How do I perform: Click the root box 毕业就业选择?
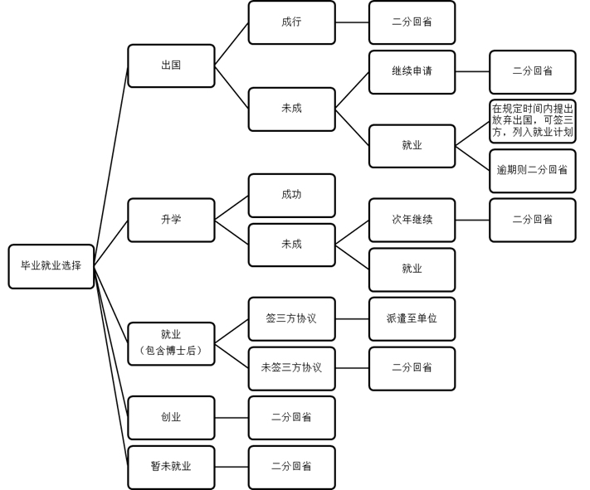tap(51, 266)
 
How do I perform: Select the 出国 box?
tap(171, 65)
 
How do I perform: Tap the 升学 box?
tap(171, 220)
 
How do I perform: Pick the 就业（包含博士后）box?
tap(171, 343)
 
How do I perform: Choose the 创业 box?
tap(171, 418)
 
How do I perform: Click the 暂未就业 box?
tap(171, 467)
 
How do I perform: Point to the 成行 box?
tap(291, 22)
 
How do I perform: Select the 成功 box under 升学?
tap(291, 195)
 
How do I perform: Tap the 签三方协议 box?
tap(291, 318)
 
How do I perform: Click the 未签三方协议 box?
tap(291, 368)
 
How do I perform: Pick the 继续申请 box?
tap(412, 71)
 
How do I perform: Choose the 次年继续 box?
tap(412, 220)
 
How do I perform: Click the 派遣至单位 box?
tap(412, 318)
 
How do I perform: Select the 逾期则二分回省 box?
tap(532, 170)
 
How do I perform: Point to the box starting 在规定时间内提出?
tap(532, 121)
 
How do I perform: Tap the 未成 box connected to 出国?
tap(291, 109)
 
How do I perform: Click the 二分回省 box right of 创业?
tap(291, 418)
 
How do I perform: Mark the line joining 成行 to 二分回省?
tap(352, 22)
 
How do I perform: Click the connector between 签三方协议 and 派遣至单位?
tap(352, 318)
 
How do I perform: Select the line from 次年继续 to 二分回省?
tap(472, 220)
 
